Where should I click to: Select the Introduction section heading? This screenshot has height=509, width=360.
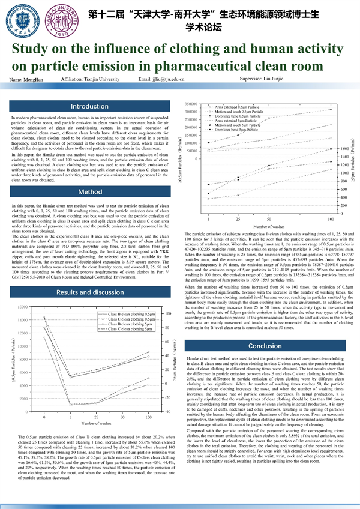[89, 107]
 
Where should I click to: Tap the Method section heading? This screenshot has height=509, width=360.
[89, 192]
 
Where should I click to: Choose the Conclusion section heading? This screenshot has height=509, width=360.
[265, 346]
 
